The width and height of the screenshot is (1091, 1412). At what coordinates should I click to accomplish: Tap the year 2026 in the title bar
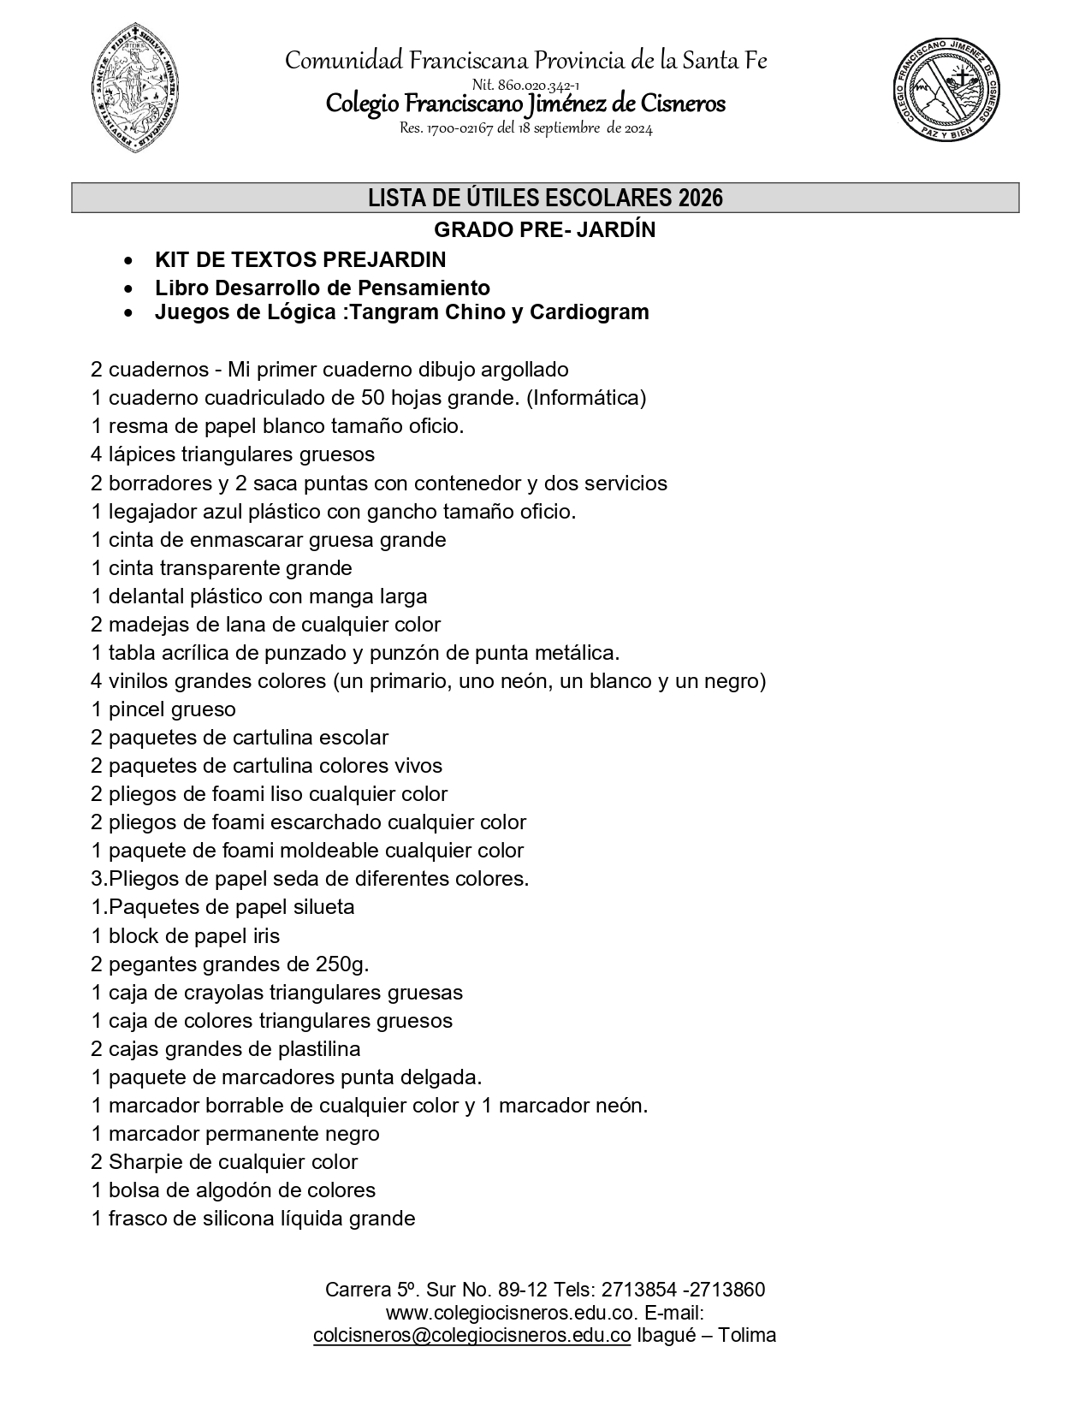[701, 199]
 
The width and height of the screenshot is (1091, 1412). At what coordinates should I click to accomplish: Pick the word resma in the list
[134, 426]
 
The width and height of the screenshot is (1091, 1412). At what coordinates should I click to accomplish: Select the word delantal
[143, 596]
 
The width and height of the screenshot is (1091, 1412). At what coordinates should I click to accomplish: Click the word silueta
[323, 907]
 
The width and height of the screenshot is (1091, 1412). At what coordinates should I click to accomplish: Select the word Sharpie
[141, 1162]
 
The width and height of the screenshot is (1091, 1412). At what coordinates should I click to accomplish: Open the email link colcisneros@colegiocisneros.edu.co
[472, 1336]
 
